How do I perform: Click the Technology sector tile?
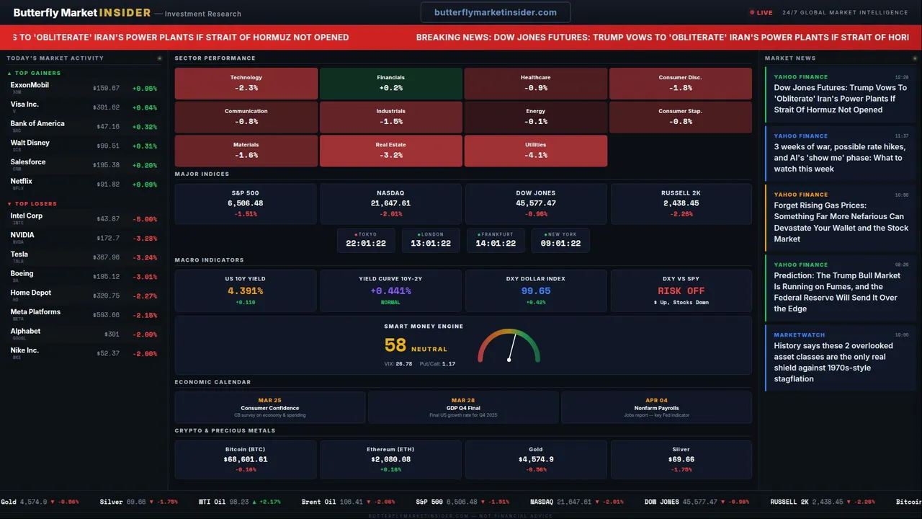point(246,83)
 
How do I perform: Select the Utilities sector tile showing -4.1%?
point(535,150)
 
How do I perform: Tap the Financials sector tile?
point(390,83)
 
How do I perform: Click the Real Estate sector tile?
point(390,150)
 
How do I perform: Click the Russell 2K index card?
point(680,203)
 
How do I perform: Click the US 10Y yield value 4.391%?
point(245,291)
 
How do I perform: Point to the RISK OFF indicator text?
point(681,291)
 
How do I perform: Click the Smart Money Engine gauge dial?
point(509,347)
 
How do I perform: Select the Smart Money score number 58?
point(395,346)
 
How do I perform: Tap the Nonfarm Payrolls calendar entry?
point(656,407)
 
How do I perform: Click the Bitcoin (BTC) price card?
point(246,459)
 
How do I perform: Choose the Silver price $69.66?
point(681,459)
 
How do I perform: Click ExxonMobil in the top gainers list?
point(30,85)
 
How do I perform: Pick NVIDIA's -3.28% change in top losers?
point(144,238)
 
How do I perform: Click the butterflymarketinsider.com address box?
point(496,12)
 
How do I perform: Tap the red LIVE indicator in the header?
point(761,12)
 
